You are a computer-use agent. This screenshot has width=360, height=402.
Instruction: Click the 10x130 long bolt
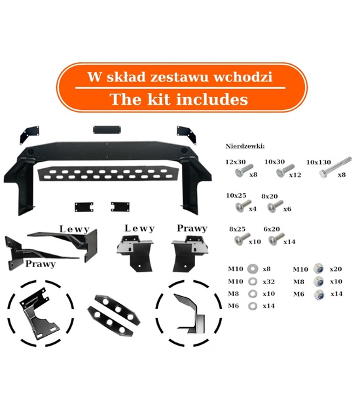click(335, 168)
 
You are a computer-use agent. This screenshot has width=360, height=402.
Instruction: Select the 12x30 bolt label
click(236, 162)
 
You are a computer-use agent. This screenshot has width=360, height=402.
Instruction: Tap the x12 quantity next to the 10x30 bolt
click(295, 175)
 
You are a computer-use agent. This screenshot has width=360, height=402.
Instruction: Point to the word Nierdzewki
click(245, 146)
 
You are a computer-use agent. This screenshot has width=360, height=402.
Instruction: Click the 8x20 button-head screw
click(275, 206)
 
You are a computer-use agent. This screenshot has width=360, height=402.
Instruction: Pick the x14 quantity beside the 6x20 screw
click(289, 242)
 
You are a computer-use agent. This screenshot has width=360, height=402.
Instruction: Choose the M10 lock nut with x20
click(319, 269)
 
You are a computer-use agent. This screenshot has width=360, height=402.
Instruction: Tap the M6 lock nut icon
click(319, 295)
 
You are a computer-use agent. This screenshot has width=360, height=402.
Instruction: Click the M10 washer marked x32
click(253, 282)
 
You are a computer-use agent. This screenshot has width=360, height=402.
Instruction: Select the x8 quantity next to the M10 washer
click(266, 269)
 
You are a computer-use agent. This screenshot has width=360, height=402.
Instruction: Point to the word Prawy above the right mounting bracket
click(192, 228)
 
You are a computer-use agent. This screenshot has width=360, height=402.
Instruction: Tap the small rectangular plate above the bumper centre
click(107, 130)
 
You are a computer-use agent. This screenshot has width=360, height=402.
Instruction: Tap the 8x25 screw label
click(237, 229)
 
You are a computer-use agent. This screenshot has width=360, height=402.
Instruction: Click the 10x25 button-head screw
click(242, 206)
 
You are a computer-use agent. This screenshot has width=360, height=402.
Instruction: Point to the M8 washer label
click(233, 293)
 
